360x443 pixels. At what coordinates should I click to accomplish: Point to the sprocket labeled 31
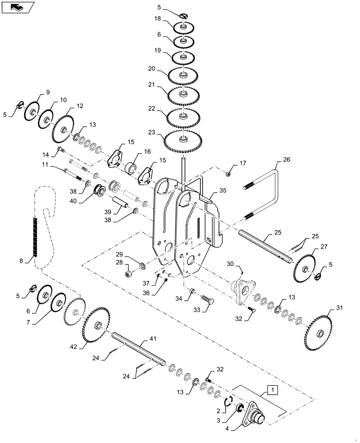tap(319, 332)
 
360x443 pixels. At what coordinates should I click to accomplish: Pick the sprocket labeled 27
tap(306, 268)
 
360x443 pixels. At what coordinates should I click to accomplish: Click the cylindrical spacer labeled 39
tap(121, 203)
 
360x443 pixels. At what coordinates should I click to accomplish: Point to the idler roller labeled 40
tap(98, 190)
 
